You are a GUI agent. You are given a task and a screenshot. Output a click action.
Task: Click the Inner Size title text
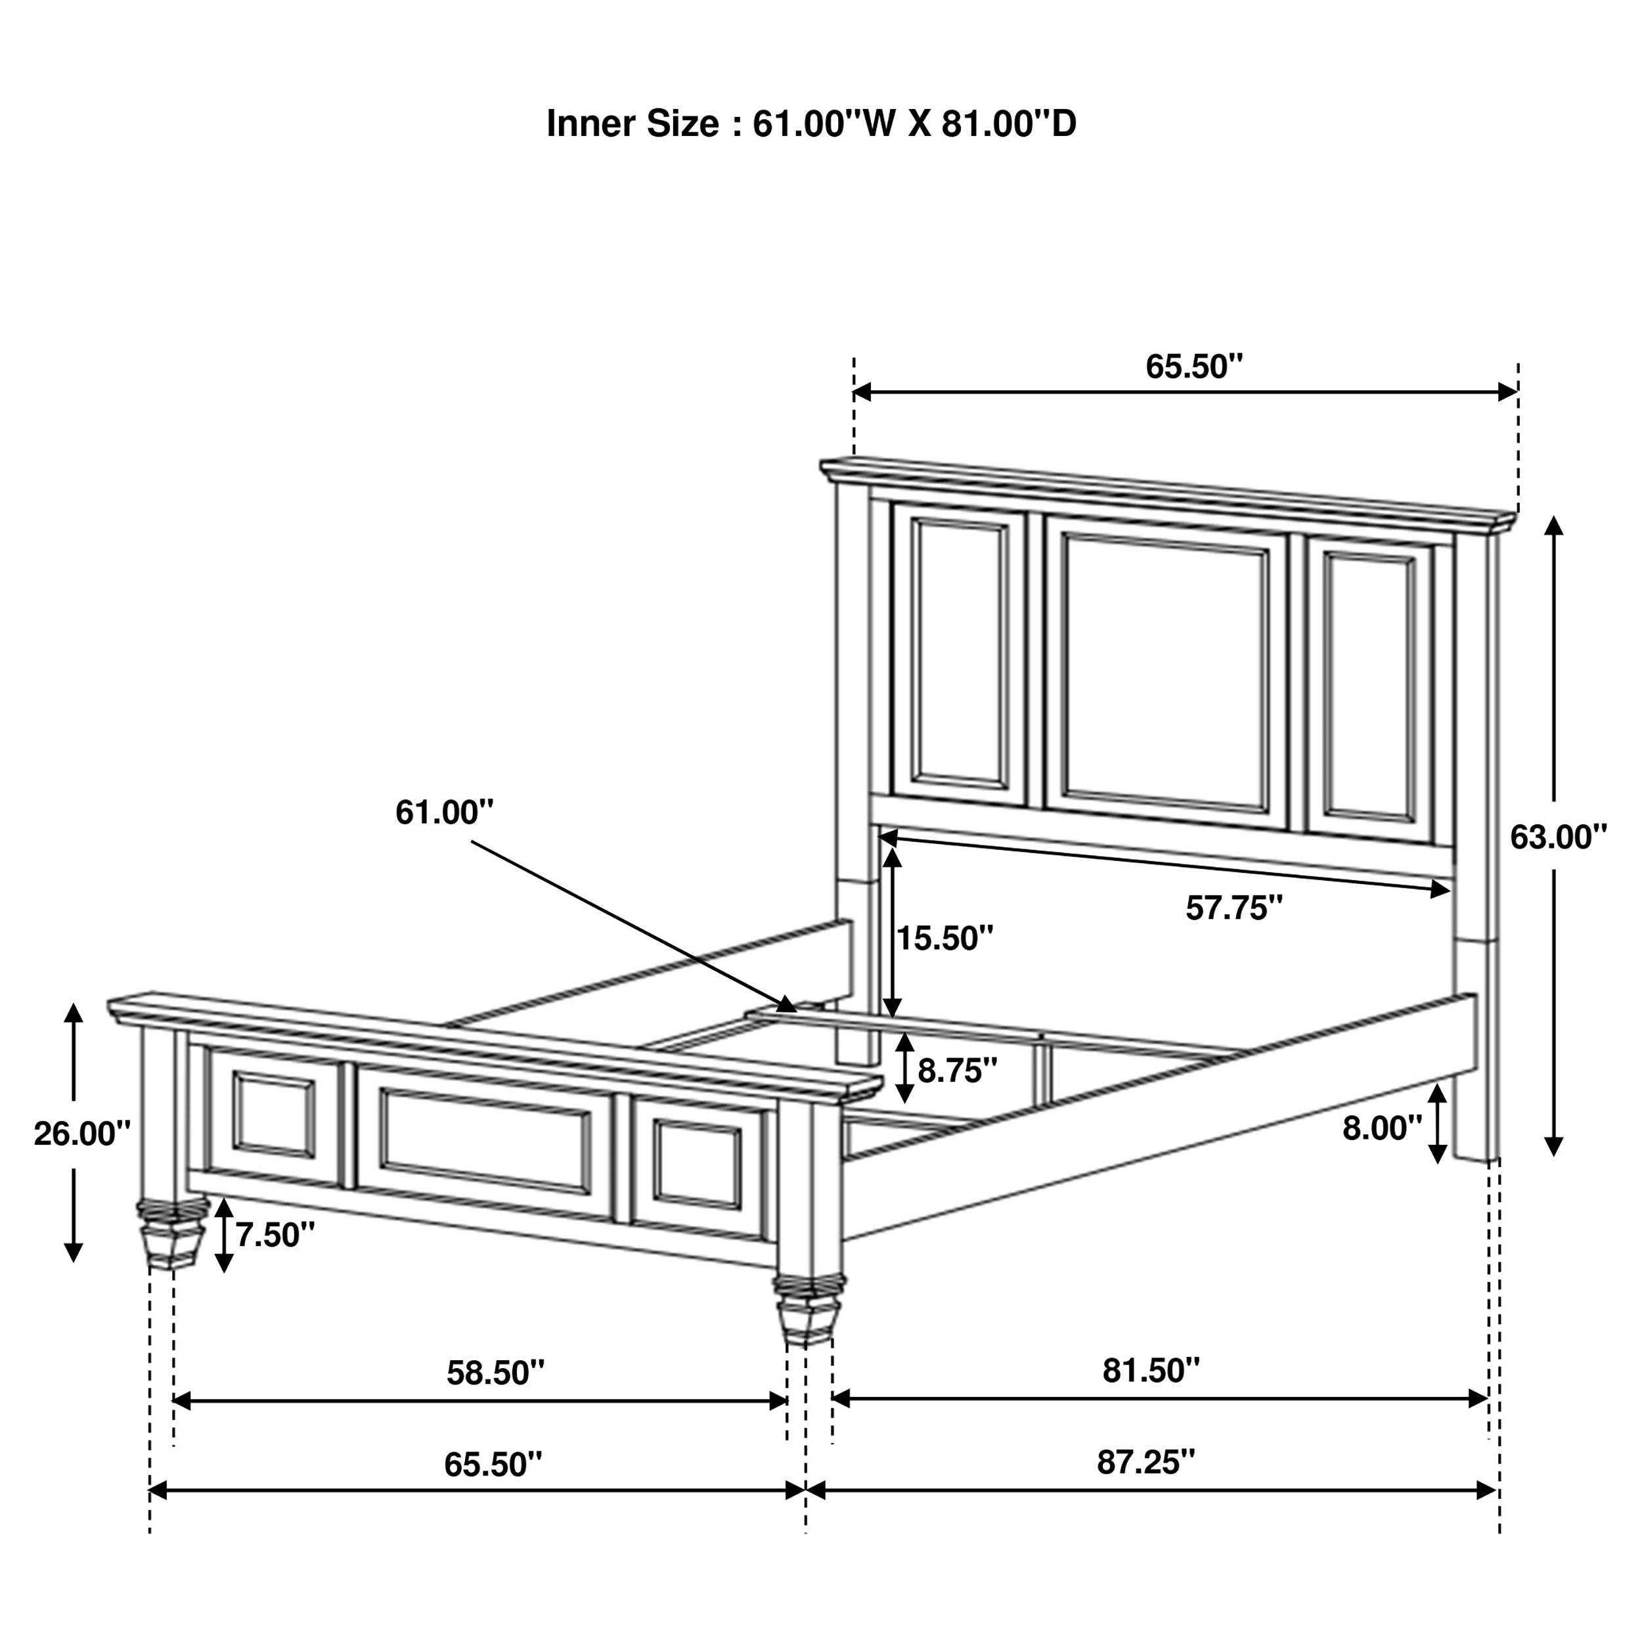tap(810, 124)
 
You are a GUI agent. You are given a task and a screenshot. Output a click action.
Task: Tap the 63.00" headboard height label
tap(1558, 837)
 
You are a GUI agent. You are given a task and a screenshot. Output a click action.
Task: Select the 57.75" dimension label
tap(1234, 908)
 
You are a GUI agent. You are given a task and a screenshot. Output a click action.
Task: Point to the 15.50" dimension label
tap(945, 939)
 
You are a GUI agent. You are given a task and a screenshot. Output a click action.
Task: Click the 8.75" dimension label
tap(957, 1071)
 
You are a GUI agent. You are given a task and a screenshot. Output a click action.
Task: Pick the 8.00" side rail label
tap(1382, 1128)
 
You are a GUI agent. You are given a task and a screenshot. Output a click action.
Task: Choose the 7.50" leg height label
tap(275, 1235)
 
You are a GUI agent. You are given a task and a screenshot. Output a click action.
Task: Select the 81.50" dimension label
tap(1151, 1371)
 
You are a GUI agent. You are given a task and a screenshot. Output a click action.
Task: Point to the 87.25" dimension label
tap(1145, 1463)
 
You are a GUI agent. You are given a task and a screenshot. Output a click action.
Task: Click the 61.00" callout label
tap(443, 812)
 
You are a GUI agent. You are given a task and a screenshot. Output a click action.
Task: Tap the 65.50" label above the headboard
tap(1193, 366)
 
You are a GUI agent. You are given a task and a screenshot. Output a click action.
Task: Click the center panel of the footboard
tap(486, 1141)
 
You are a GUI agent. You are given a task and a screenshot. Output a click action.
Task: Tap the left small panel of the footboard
tap(274, 1114)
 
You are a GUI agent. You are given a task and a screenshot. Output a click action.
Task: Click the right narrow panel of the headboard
tap(1369, 687)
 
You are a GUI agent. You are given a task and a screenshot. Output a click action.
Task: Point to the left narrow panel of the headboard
tap(959, 651)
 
